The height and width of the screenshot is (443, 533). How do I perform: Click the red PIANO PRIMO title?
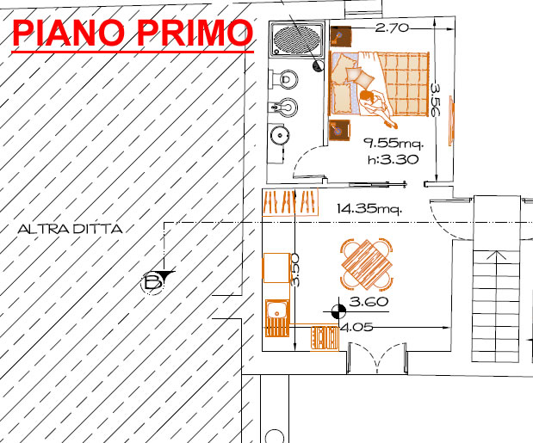coord(133,33)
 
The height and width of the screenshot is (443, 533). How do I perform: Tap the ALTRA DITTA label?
coord(70,229)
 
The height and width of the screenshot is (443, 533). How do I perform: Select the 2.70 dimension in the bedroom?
coord(392,28)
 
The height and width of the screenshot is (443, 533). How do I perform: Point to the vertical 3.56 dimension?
coord(435,100)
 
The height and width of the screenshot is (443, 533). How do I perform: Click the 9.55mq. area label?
coord(394,144)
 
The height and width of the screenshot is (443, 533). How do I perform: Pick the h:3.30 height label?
coord(393,159)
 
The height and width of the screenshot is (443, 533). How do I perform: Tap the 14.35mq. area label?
coord(369,208)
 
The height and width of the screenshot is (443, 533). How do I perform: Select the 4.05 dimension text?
coord(356,327)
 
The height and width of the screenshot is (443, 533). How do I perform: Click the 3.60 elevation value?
coord(369,301)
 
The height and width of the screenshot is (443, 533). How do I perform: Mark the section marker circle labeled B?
coord(152,283)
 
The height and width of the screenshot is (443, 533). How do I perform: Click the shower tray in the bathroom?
coord(297,39)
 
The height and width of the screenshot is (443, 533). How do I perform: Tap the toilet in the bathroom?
coord(283,80)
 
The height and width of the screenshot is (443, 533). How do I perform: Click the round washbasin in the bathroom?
coord(280,135)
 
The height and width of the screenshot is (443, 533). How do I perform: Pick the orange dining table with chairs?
coord(367,264)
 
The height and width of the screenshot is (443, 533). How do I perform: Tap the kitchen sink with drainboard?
coord(277,318)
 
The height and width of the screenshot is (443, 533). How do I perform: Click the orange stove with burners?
coord(325,337)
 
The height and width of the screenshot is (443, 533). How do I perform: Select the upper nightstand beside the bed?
coord(341,37)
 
